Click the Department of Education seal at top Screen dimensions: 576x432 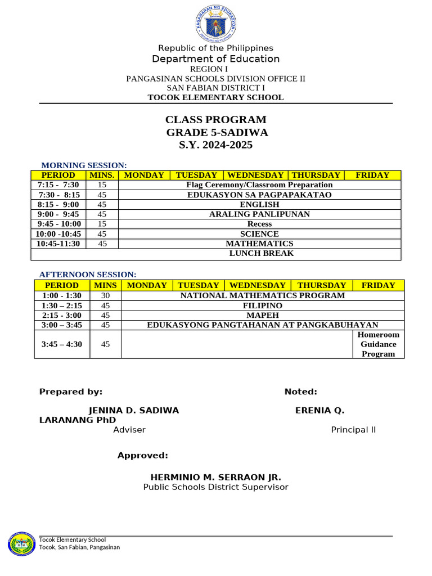tap(216, 23)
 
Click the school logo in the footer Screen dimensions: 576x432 tap(22, 545)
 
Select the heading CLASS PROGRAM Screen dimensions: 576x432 tap(216, 120)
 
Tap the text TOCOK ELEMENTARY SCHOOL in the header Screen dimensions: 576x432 tap(215, 97)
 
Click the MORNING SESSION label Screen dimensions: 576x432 tap(84, 165)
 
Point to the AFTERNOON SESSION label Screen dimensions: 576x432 tap(88, 274)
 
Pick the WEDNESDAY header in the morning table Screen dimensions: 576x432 tap(255, 175)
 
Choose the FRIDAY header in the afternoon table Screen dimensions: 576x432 tap(378, 285)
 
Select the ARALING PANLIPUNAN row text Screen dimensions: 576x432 tap(259, 214)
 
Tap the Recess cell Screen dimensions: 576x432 tap(259, 224)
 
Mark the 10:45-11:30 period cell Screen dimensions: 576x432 tap(58, 244)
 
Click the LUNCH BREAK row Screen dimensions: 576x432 tap(262, 253)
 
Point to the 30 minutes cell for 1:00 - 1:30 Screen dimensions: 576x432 tap(105, 295)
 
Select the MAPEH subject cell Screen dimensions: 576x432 tap(262, 315)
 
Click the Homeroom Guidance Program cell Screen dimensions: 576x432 tap(378, 344)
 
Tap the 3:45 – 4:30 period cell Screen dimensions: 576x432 tap(62, 344)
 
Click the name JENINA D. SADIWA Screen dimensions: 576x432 tap(134, 411)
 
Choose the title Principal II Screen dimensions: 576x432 tap(353, 430)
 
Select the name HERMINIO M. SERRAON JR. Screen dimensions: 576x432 tap(215, 477)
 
